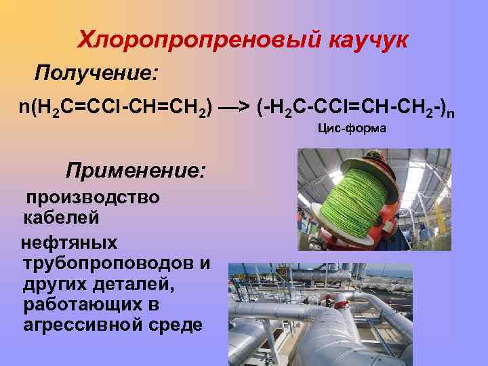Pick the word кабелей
point(62,218)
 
